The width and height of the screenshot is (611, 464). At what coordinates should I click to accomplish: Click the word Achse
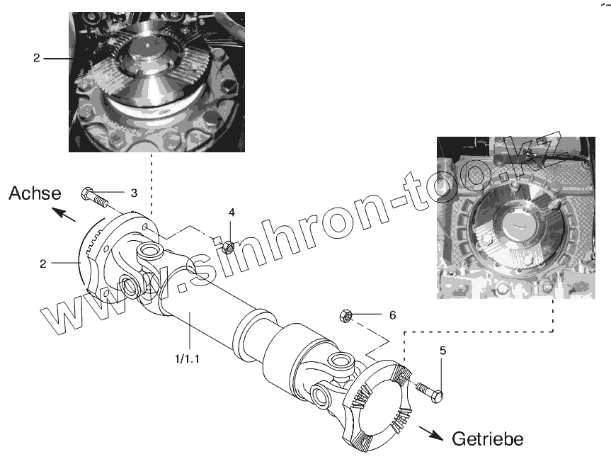pos(35,193)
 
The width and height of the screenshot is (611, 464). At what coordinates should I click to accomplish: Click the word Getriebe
pos(488,439)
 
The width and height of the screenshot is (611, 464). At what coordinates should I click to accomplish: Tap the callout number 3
pos(133,191)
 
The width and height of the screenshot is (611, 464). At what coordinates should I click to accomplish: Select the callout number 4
pos(231,212)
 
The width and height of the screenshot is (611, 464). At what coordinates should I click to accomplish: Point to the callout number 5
pos(442,350)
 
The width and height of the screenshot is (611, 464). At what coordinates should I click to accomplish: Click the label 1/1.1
pos(188,358)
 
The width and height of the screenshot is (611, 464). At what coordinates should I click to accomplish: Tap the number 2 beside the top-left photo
pos(36,58)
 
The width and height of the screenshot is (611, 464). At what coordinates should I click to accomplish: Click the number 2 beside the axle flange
pos(43,264)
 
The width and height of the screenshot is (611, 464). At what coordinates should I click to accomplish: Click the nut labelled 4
pos(229,247)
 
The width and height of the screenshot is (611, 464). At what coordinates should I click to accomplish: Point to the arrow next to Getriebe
pos(429,432)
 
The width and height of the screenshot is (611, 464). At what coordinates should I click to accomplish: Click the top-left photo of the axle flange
pos(157,82)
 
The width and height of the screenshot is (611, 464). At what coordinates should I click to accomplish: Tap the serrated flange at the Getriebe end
pos(379,407)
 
